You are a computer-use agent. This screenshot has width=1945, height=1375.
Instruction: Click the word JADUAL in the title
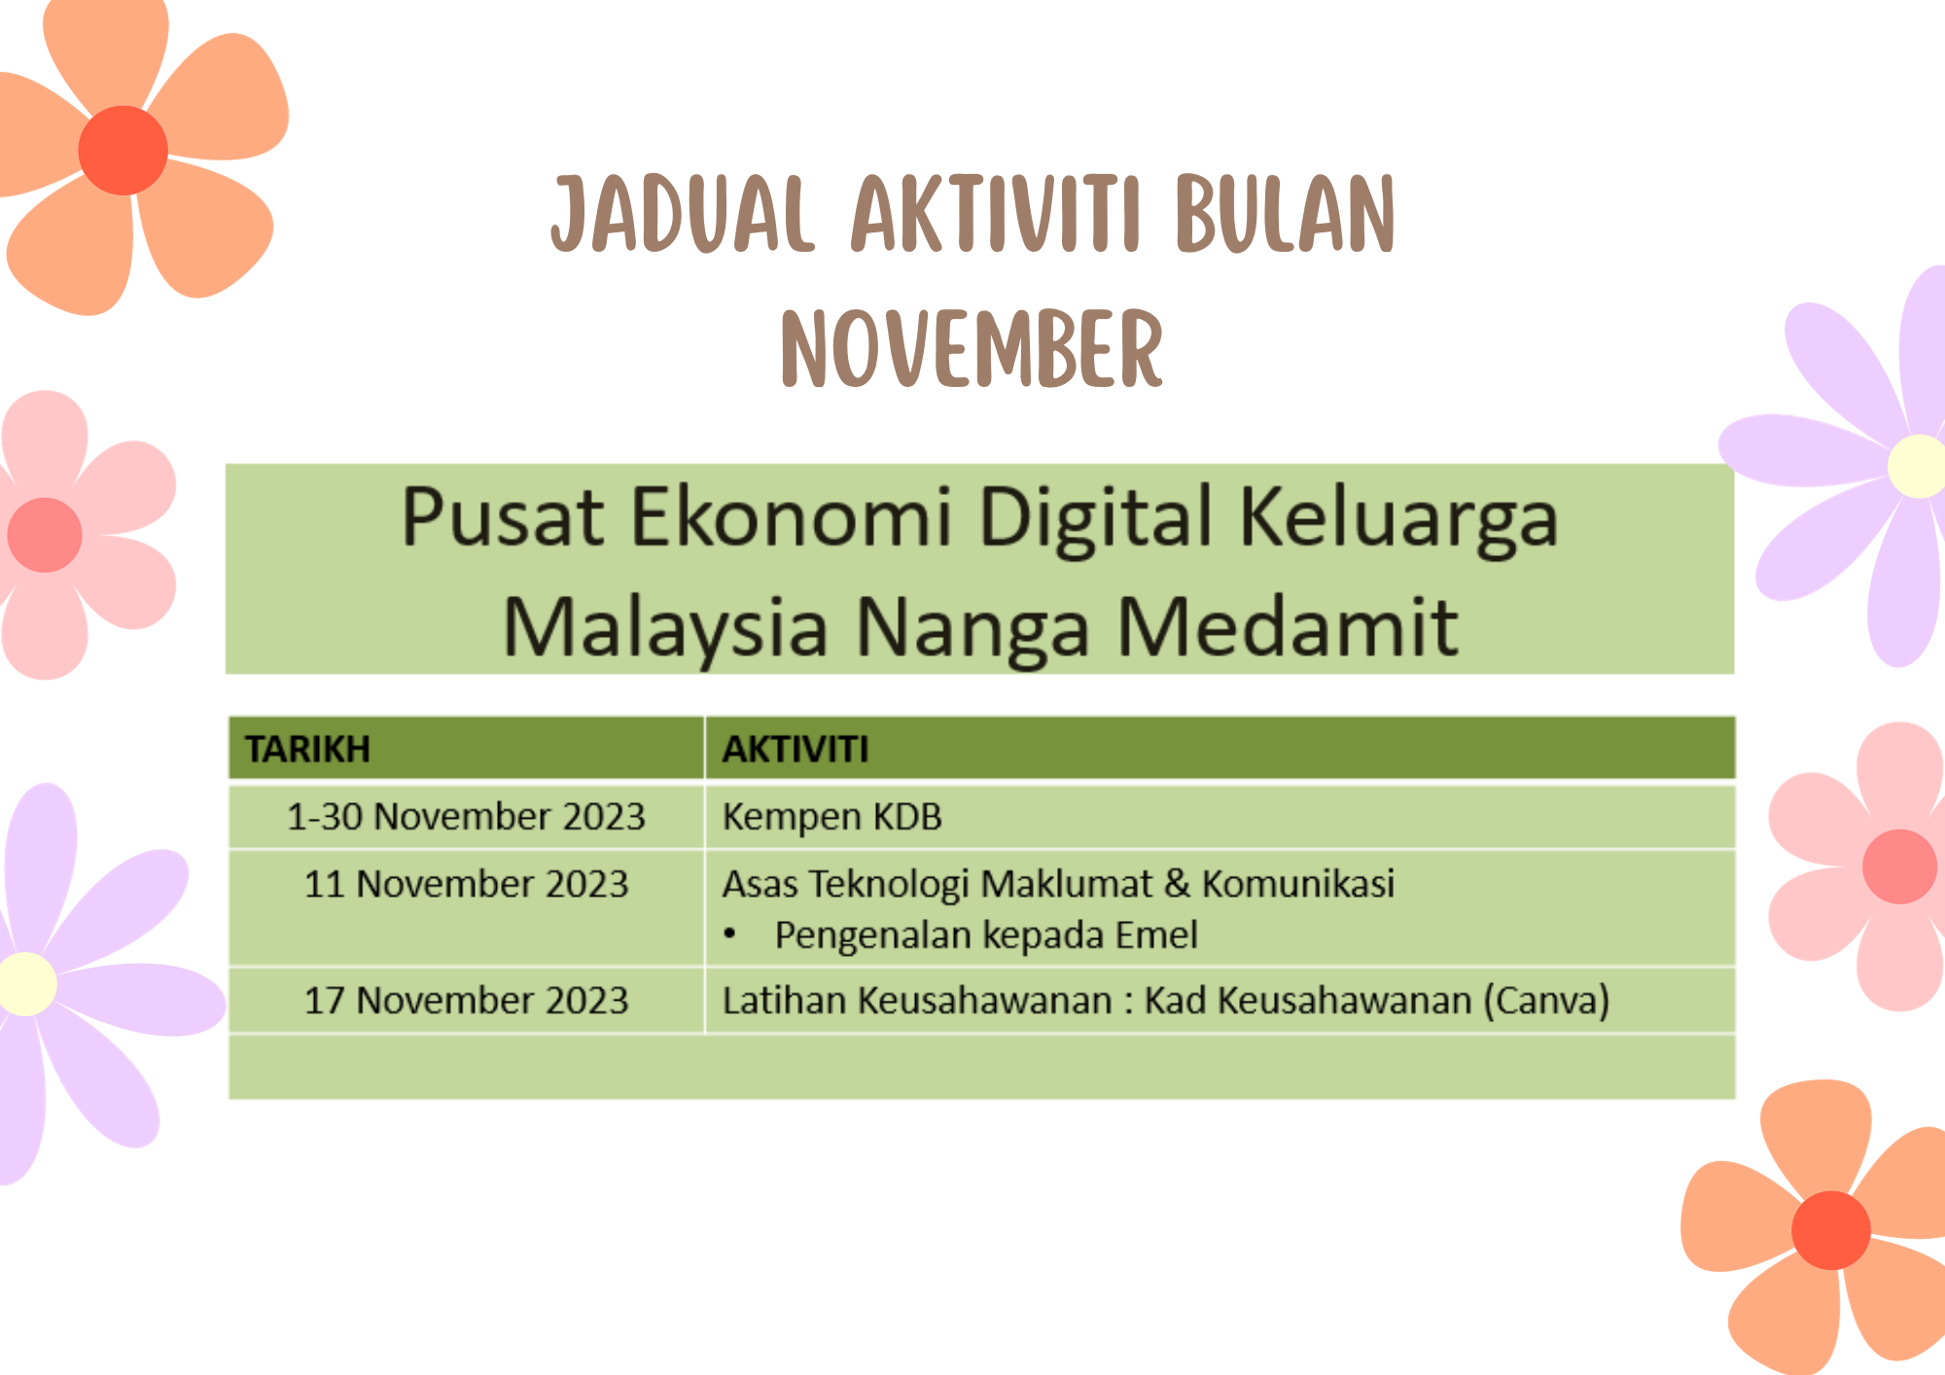click(683, 214)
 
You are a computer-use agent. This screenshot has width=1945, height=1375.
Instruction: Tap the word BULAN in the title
click(1285, 214)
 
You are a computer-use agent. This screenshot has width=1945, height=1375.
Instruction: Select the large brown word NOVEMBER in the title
click(972, 348)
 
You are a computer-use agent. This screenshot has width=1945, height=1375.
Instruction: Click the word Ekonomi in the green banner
click(791, 516)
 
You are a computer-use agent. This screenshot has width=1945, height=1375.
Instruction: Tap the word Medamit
click(1288, 627)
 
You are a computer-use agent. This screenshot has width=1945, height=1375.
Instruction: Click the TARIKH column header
click(307, 750)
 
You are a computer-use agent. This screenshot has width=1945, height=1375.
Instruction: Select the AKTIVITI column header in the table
click(796, 750)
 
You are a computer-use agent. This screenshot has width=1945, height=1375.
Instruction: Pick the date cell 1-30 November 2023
click(466, 817)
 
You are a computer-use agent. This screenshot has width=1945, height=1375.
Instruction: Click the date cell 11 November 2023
click(466, 884)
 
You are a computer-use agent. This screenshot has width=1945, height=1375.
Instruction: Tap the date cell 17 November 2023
click(466, 1001)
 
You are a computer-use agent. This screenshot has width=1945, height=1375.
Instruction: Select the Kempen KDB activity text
click(831, 818)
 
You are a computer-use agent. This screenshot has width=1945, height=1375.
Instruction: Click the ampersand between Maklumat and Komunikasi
click(1177, 884)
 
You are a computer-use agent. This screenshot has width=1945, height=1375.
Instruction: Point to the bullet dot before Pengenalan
click(729, 935)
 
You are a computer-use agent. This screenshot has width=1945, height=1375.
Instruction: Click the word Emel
click(1156, 934)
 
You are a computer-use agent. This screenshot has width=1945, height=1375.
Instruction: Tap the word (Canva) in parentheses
click(1546, 1001)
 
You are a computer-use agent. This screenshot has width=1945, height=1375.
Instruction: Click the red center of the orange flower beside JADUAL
click(123, 151)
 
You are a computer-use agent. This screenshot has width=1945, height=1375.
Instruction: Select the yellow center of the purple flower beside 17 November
click(27, 984)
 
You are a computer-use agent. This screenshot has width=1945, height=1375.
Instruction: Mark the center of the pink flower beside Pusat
click(45, 535)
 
